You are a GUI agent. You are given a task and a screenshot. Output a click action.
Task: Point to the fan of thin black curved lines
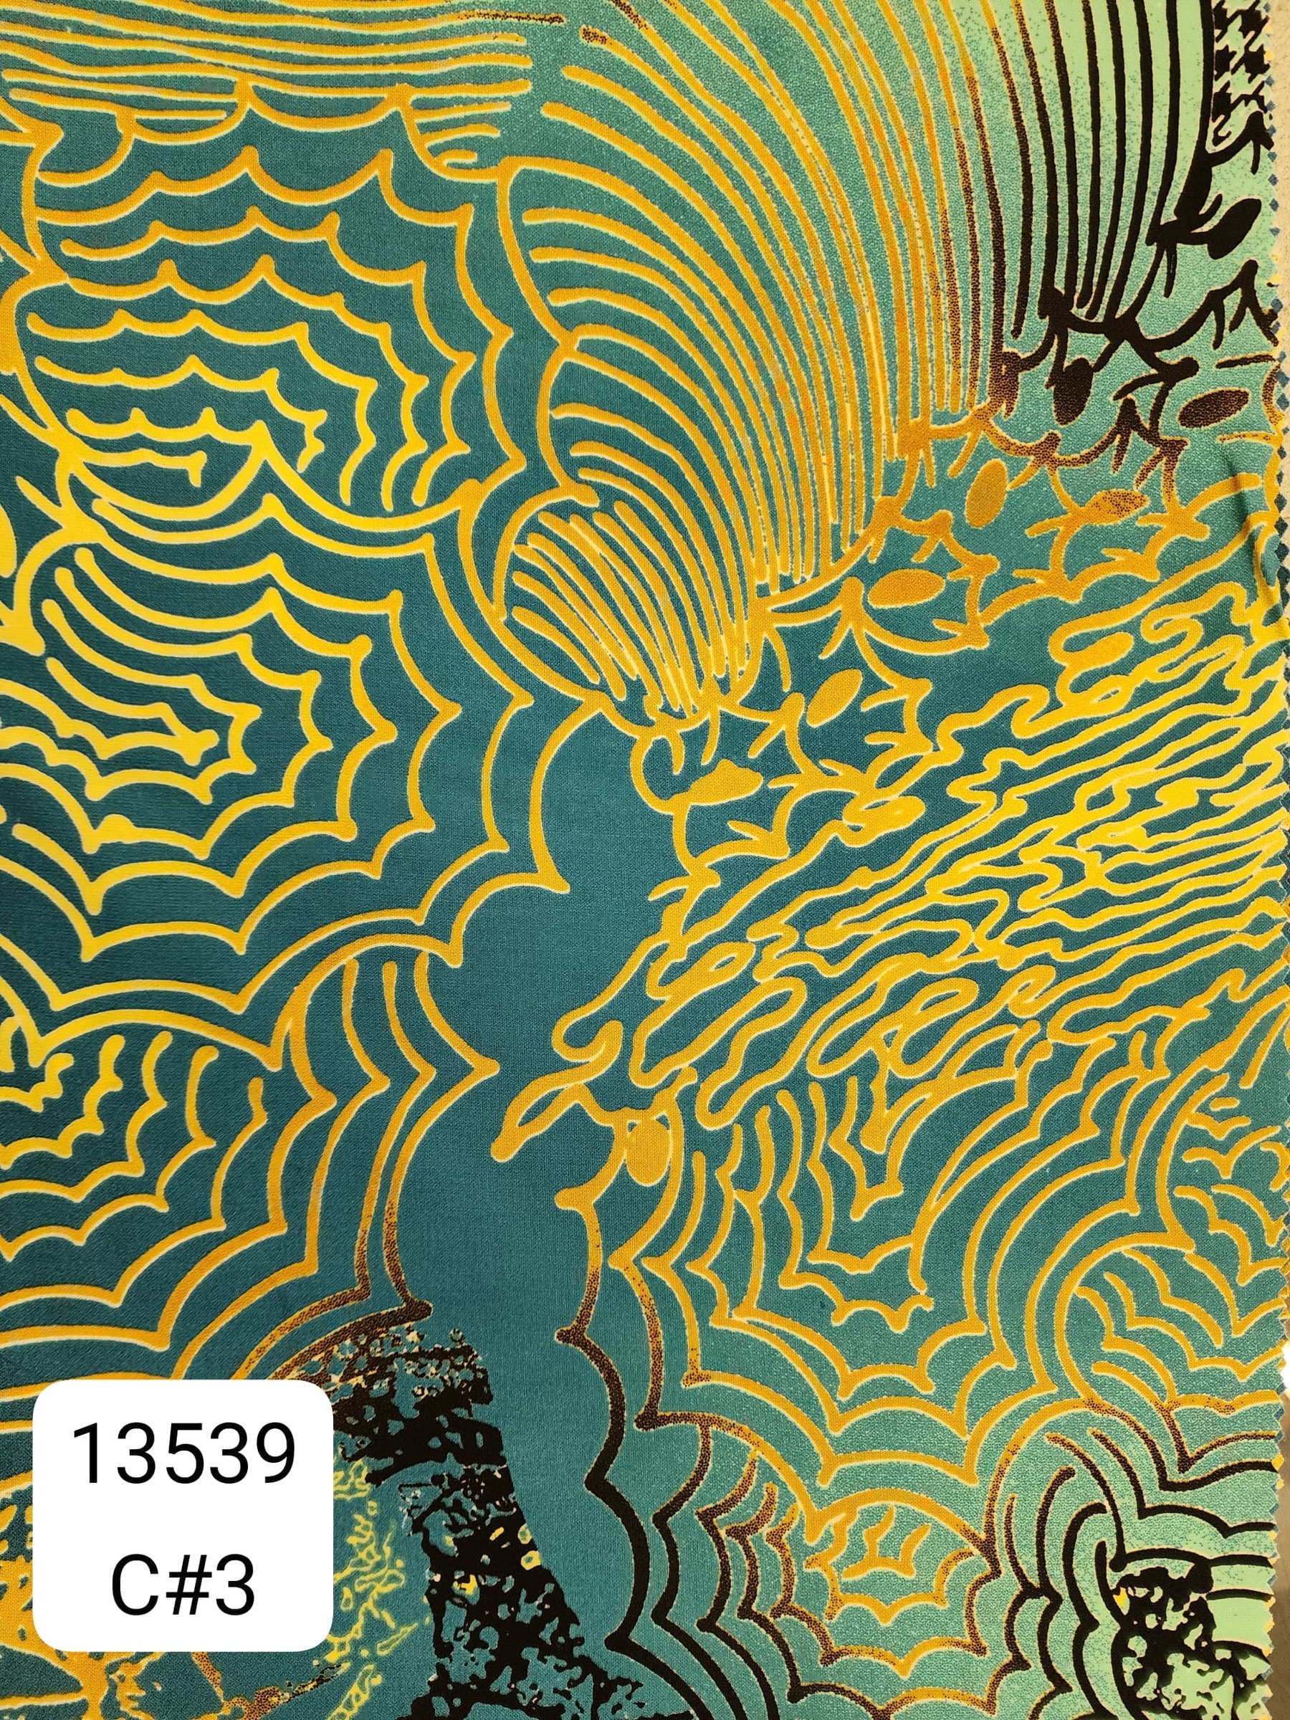pyautogui.click(x=1104, y=194)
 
